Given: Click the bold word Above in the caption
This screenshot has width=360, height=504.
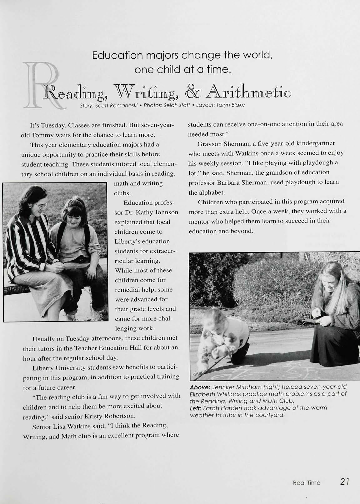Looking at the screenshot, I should click(x=199, y=387).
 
